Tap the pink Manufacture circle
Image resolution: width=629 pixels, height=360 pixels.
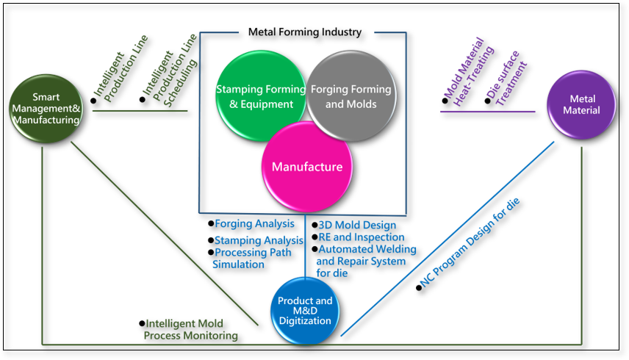(306, 167)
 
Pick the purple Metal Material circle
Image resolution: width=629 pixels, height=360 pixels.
(581, 109)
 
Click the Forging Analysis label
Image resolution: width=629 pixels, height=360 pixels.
(254, 223)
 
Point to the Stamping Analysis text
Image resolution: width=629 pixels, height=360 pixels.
(259, 240)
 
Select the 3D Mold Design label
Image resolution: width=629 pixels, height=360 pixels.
(357, 225)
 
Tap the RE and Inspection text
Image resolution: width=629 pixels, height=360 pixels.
(361, 237)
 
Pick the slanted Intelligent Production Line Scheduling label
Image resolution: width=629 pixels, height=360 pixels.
(169, 71)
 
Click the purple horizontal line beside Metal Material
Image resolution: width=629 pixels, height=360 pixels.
(487, 112)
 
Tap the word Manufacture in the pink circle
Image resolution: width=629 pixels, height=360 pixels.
(306, 167)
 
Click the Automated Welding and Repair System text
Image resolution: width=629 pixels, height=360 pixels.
(366, 255)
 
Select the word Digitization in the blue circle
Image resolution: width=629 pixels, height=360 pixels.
(305, 320)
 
